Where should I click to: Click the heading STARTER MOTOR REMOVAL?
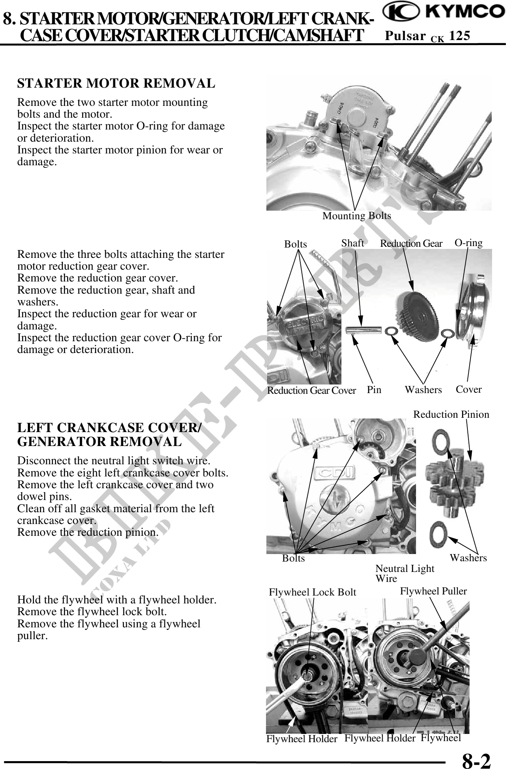[x=116, y=83]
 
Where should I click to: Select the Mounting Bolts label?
[x=357, y=216]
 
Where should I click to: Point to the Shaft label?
[x=352, y=243]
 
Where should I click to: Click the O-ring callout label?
[x=468, y=243]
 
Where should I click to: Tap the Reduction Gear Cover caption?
[x=311, y=390]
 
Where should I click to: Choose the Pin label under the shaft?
[x=374, y=390]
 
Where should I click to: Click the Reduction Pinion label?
[x=451, y=414]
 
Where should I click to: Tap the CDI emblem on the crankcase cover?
[x=334, y=474]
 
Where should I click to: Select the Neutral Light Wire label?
[x=405, y=573]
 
